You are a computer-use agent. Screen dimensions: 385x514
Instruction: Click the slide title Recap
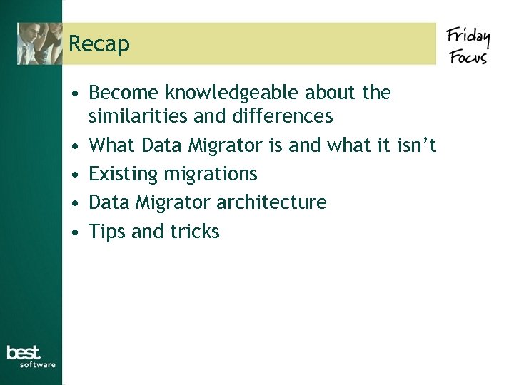click(x=99, y=44)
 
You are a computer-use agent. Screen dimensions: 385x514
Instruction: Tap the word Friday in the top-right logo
click(x=468, y=35)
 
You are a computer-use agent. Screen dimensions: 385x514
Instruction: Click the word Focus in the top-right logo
click(x=468, y=56)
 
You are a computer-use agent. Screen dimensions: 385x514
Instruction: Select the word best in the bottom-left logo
click(x=24, y=352)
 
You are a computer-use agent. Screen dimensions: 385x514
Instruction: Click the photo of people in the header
click(x=40, y=43)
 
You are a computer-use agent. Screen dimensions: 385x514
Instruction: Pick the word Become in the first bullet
click(x=124, y=93)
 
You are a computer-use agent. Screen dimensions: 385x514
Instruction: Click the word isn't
click(x=416, y=145)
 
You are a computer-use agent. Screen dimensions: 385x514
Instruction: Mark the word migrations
click(x=211, y=174)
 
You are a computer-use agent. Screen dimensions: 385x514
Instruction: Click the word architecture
click(x=271, y=202)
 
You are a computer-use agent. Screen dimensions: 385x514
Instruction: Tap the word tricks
click(x=195, y=232)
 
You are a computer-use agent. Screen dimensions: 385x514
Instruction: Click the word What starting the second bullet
click(x=112, y=145)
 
